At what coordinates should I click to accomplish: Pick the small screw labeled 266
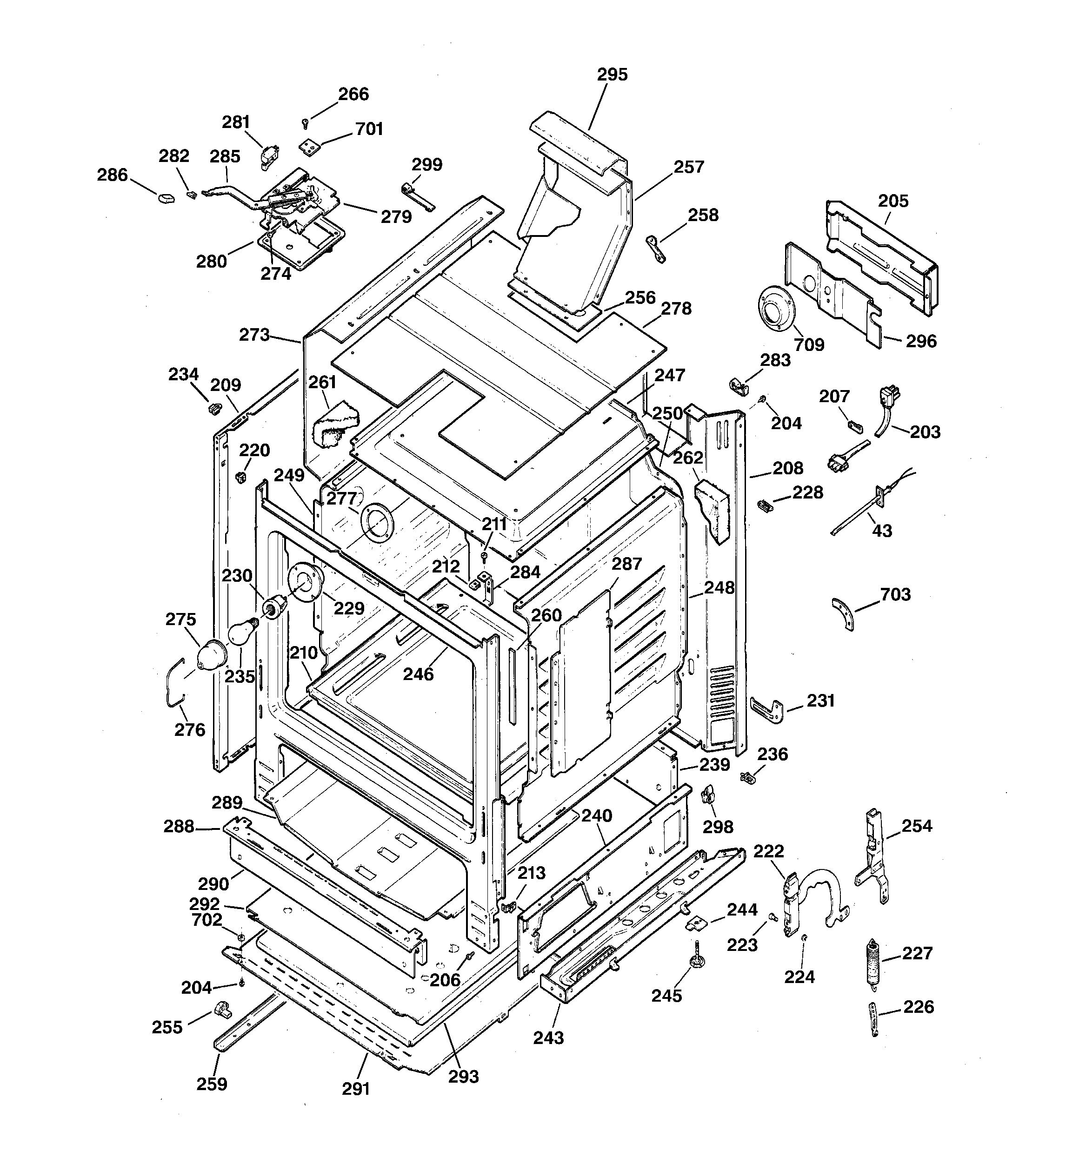pyautogui.click(x=305, y=123)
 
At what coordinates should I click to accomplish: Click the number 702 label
pyautogui.click(x=207, y=920)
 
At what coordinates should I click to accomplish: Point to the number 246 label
pyautogui.click(x=418, y=674)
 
